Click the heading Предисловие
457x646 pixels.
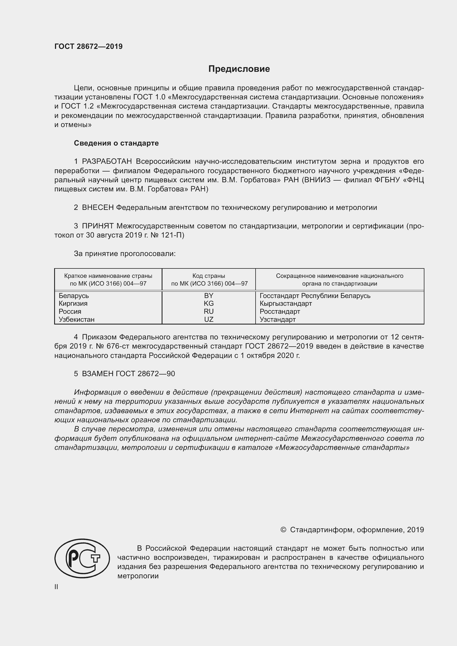(239, 69)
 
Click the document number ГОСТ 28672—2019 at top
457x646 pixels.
(88, 46)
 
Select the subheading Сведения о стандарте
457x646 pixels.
(116, 143)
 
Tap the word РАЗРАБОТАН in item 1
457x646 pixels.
(107, 161)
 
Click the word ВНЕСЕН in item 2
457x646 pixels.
(98, 207)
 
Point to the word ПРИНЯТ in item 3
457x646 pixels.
(98, 226)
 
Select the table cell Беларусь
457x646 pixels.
(74, 296)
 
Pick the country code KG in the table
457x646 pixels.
(209, 303)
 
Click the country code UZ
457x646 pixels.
(209, 319)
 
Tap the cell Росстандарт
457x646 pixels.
(280, 312)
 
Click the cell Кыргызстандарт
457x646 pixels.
(286, 303)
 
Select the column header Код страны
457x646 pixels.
(209, 276)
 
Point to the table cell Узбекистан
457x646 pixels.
(77, 319)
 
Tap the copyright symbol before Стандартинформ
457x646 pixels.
(283, 529)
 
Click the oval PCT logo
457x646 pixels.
(82, 558)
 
